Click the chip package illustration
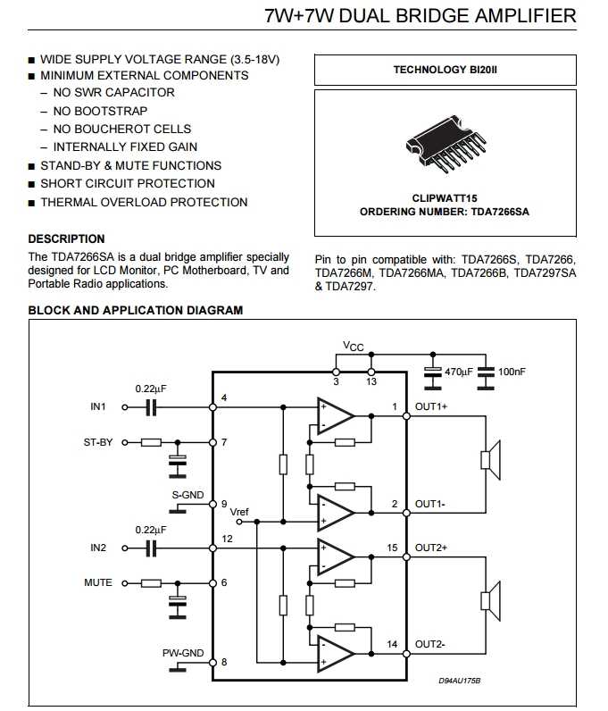point(446,143)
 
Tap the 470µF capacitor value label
point(458,372)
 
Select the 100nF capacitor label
point(512,372)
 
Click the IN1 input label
point(98,406)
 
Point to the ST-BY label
point(98,442)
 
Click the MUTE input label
point(98,582)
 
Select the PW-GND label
point(183,653)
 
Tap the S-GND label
point(187,495)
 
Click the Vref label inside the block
point(239,512)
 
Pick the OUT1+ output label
point(431,406)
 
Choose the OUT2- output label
point(430,644)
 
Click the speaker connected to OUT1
point(490,460)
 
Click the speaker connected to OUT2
point(490,601)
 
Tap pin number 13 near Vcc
point(371,381)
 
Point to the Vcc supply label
point(354,347)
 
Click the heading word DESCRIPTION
point(67,239)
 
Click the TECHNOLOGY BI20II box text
point(446,70)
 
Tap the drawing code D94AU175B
point(459,681)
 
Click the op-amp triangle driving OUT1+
point(335,416)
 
